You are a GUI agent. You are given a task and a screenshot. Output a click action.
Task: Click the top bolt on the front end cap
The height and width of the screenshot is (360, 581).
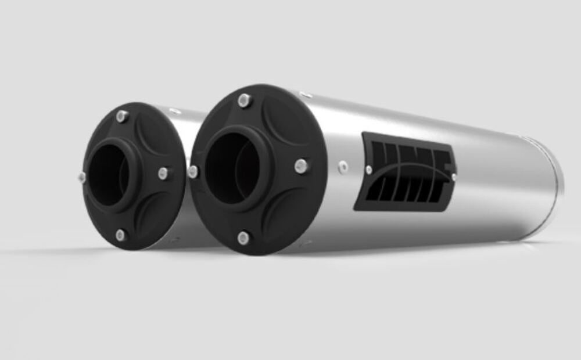point(245,100)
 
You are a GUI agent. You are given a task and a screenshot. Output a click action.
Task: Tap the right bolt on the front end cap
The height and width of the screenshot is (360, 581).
point(300,166)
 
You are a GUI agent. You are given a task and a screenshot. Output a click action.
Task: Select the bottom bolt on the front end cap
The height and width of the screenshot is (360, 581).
point(243,237)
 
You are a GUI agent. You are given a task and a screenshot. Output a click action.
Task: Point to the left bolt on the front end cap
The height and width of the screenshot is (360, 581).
point(193,171)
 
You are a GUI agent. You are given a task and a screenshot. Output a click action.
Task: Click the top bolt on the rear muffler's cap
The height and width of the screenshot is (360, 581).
point(122,116)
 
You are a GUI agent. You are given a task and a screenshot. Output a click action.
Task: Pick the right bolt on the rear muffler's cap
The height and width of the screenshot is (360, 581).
point(164,172)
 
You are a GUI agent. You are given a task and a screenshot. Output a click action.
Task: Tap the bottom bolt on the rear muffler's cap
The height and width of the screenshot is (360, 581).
point(120,235)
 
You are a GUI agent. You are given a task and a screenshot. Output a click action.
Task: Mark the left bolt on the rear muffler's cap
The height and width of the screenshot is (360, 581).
point(82,176)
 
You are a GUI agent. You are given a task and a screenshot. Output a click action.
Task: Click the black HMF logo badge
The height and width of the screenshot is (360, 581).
point(409,172)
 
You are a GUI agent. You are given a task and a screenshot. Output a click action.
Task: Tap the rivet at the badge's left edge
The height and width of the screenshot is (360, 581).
point(369,170)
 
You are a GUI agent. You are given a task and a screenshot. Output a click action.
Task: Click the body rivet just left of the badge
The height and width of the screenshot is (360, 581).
point(343,167)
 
